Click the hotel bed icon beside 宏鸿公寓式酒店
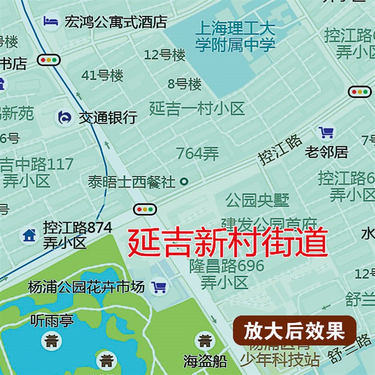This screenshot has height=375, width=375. coord(50,21)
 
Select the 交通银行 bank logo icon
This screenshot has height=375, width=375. coord(65,118)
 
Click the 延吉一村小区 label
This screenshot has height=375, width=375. coord(197,109)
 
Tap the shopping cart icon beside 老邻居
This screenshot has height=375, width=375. coord(326,133)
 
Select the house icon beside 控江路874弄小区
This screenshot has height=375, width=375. coord(30,235)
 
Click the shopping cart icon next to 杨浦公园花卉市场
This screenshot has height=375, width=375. coord(159,287)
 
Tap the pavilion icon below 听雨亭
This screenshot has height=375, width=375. coord(51,341)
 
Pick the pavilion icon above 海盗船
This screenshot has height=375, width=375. coord(205,341)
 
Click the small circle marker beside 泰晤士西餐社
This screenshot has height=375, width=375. coord(184,181)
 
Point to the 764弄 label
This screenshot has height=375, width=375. coord(197,153)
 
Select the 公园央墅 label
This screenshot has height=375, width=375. coord(257,200)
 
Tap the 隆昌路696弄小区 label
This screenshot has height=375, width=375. coord(227,274)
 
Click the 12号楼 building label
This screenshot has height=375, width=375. coord(165,55)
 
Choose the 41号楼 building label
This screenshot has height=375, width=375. coord(102,75)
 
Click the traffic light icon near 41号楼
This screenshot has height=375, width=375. coord(49,60)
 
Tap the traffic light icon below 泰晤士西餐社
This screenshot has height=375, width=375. coord(145,210)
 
